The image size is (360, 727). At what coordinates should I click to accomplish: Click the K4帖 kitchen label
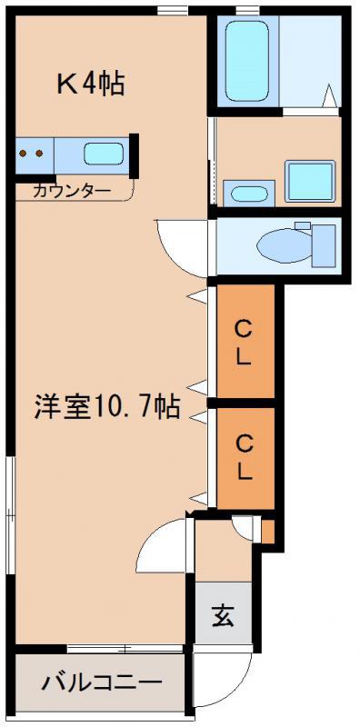pyautogui.click(x=90, y=85)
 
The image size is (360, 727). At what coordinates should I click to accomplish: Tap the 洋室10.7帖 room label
pyautogui.click(x=106, y=406)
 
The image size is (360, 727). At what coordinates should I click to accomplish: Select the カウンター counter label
pyautogui.click(x=72, y=191)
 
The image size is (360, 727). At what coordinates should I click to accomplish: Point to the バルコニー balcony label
pyautogui.click(x=103, y=682)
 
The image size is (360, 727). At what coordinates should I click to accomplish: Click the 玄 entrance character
pyautogui.click(x=223, y=615)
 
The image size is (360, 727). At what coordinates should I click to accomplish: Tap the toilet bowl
pyautogui.click(x=285, y=245)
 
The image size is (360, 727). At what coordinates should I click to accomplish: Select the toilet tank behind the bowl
pyautogui.click(x=324, y=245)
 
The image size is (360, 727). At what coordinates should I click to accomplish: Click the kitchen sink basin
pyautogui.click(x=104, y=154)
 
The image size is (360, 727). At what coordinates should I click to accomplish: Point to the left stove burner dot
pyautogui.click(x=24, y=153)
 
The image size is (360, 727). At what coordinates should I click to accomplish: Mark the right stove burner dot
pyautogui.click(x=39, y=153)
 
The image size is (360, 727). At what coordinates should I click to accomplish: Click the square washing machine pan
pyautogui.click(x=309, y=181)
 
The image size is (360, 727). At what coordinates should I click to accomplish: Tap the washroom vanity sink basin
pyautogui.click(x=249, y=194)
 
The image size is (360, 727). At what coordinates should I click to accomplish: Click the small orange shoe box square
pyautogui.click(x=267, y=532)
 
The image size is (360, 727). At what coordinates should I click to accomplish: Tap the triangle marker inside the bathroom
pyautogui.click(x=329, y=96)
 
